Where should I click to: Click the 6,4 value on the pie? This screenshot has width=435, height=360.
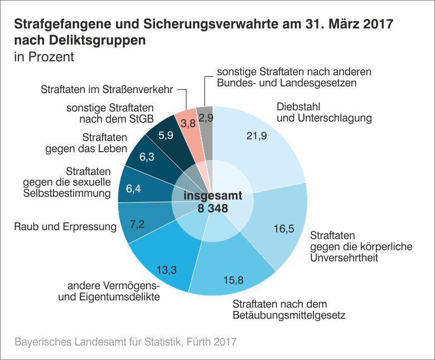(x=134, y=189)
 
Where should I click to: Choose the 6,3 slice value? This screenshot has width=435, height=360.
(x=147, y=158)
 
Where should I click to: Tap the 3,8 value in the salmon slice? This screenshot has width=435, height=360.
(x=188, y=122)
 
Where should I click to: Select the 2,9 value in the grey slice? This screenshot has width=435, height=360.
(x=206, y=118)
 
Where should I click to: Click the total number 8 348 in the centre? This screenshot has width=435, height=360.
(x=213, y=208)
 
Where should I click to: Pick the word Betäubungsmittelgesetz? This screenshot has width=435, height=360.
(x=289, y=315)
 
